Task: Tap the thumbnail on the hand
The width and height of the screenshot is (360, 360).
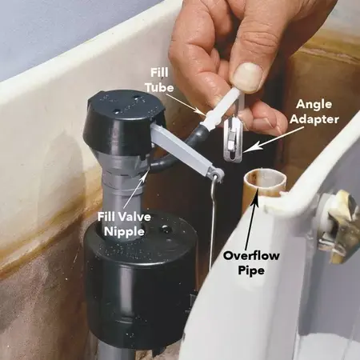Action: tap(249, 76)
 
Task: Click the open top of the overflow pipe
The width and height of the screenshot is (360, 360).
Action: tap(263, 181)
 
